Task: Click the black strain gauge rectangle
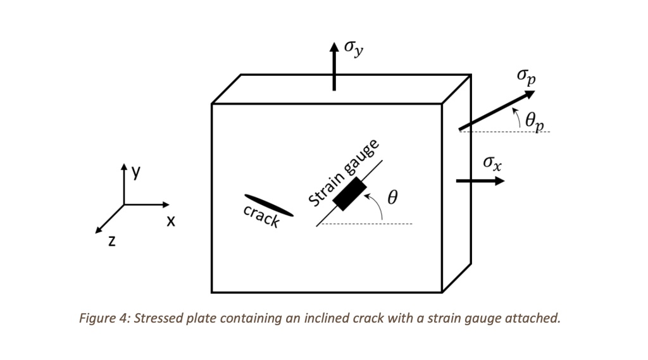click(350, 194)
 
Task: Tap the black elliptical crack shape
click(268, 205)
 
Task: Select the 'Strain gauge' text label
click(343, 173)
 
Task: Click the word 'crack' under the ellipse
click(261, 217)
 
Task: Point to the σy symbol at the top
click(354, 49)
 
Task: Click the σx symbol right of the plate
click(492, 163)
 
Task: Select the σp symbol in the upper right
click(525, 77)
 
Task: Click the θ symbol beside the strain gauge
click(392, 198)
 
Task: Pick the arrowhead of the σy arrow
click(334, 47)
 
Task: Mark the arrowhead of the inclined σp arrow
click(529, 95)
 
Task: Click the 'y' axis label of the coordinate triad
click(135, 172)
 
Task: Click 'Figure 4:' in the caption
click(105, 318)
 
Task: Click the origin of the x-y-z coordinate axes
click(124, 204)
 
